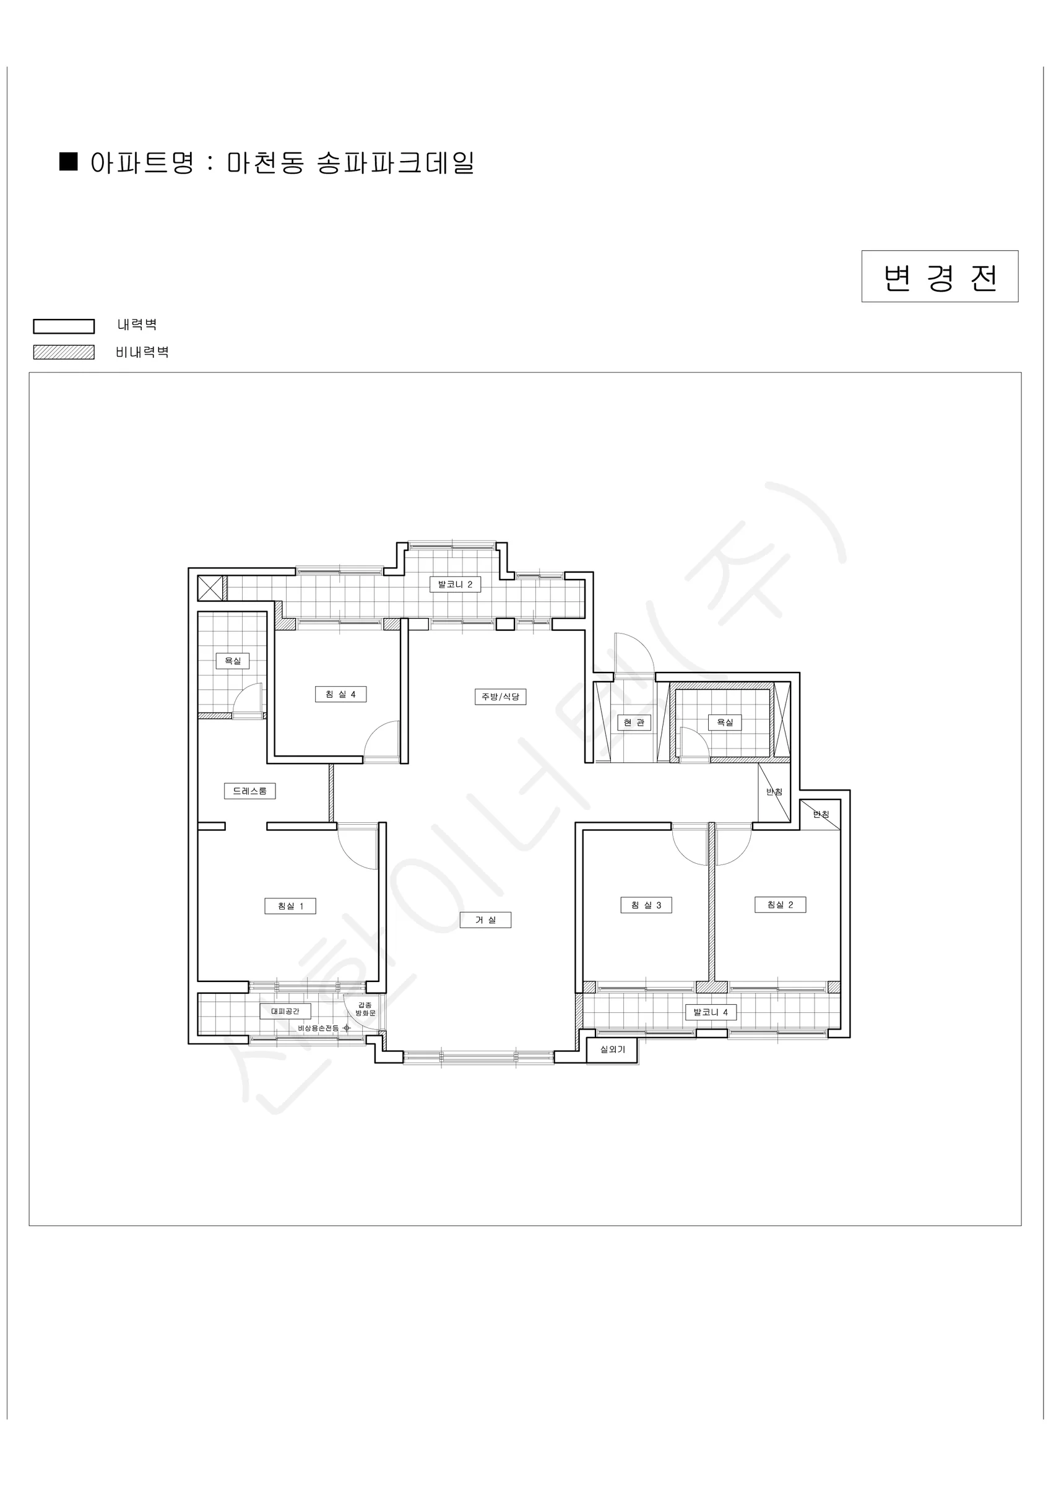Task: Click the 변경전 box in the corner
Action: point(940,276)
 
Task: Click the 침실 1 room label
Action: point(290,906)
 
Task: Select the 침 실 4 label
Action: point(340,695)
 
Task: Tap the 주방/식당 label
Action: point(500,697)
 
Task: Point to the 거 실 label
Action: point(485,919)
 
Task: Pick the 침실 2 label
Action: point(781,905)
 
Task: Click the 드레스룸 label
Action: point(250,791)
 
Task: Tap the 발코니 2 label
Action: point(456,584)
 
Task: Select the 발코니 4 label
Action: point(711,1012)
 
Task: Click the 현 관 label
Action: point(634,723)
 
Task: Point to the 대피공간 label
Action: point(285,1011)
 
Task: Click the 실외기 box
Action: point(612,1049)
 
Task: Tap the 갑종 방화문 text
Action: point(366,1009)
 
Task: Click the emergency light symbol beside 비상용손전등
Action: point(347,1028)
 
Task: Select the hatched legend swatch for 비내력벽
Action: point(64,352)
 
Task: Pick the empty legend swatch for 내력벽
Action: point(64,326)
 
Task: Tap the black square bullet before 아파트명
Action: point(69,161)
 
